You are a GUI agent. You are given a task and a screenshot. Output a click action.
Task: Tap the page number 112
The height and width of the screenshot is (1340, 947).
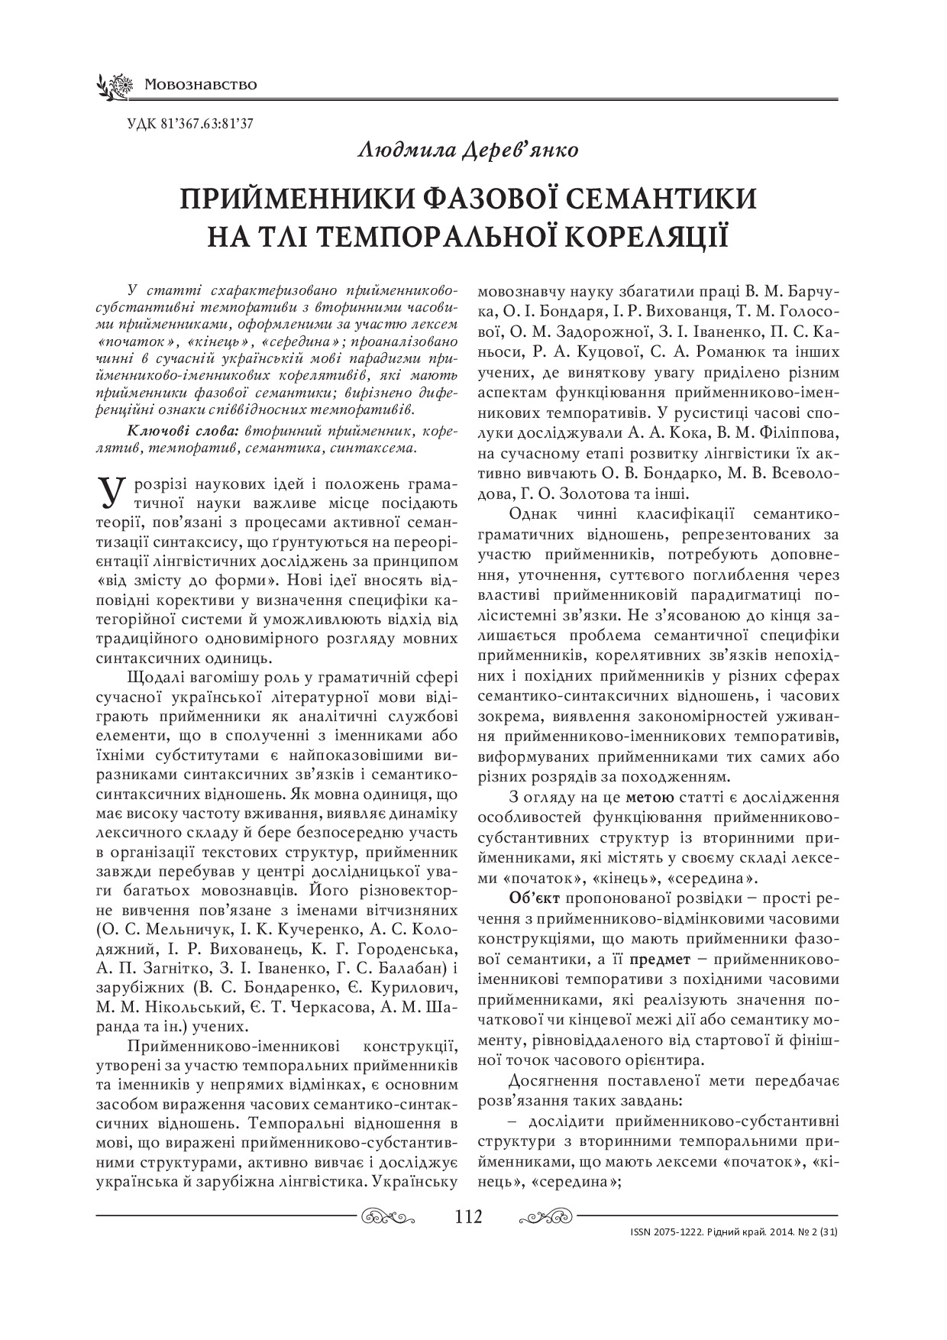467,1215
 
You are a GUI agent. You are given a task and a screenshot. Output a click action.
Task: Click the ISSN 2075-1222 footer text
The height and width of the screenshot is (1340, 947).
665,1232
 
